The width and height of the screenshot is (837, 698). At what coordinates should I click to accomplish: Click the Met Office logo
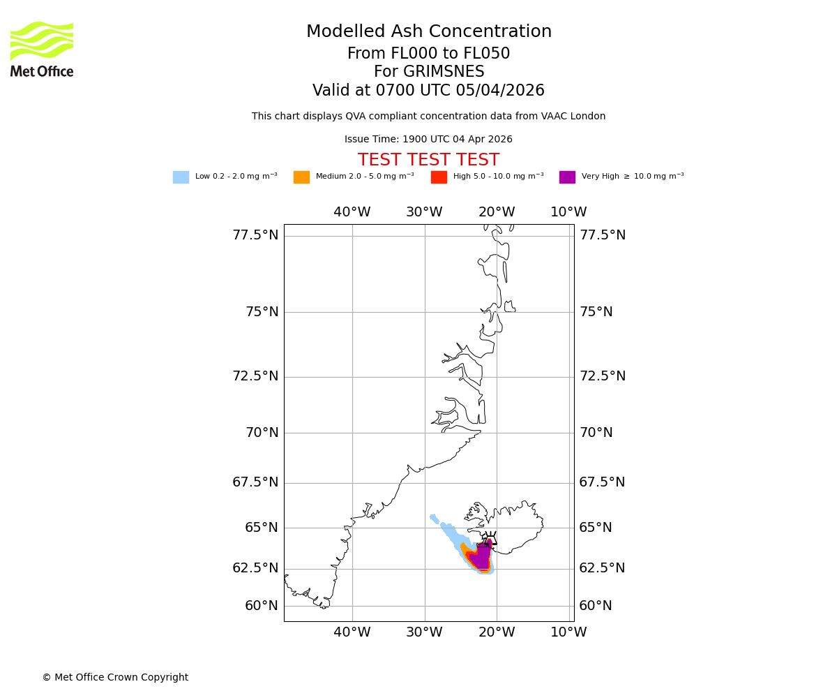pos(42,49)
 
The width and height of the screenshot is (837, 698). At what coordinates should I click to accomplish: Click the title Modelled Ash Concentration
pos(428,32)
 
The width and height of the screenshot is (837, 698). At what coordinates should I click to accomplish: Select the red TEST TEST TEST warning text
pos(428,161)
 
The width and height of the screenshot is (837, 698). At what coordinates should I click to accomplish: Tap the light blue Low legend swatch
pos(181,177)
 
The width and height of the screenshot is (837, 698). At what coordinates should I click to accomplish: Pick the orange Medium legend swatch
pos(301,177)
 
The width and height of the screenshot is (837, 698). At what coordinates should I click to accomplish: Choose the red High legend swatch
pos(439,177)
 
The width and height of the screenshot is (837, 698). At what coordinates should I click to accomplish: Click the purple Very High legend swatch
pos(567,177)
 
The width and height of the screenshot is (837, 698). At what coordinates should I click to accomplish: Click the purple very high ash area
pos(481,558)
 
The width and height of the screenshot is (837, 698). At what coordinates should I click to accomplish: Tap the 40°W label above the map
pos(352,212)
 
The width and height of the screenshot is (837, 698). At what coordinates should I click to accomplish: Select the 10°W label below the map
pos(568,632)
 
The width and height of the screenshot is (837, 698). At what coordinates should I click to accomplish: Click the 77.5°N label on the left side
pos(255,235)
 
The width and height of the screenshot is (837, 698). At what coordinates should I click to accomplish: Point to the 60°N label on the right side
pos(596,606)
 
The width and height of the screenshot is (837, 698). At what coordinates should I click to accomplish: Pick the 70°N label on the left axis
pos(262,433)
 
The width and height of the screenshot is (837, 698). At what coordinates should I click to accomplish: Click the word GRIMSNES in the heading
pos(428,72)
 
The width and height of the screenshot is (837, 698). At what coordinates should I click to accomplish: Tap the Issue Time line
pos(428,140)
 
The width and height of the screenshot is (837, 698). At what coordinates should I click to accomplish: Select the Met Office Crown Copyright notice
pos(115,678)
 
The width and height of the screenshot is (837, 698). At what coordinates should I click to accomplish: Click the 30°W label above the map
pos(424,212)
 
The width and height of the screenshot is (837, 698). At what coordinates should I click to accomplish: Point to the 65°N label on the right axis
pos(596,528)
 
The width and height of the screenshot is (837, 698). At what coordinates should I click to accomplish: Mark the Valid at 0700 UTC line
pos(428,91)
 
